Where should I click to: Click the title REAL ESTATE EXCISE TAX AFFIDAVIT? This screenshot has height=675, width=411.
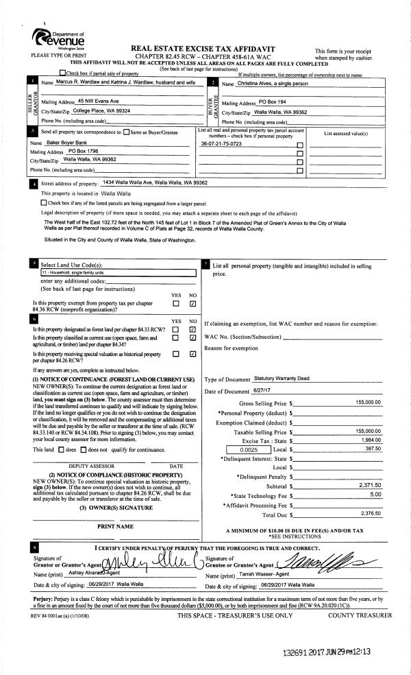(203, 49)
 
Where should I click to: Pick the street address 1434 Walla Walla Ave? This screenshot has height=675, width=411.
(154, 183)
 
